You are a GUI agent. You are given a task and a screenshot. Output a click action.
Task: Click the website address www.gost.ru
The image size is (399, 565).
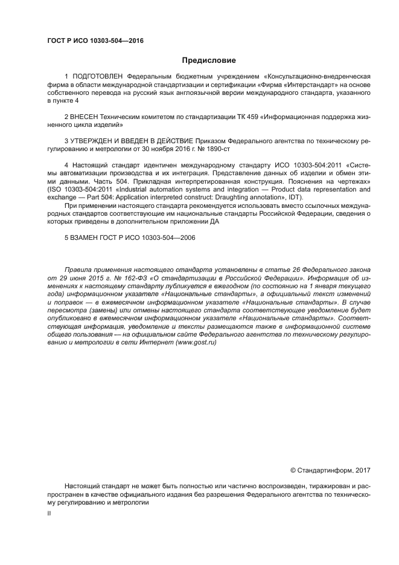(196, 342)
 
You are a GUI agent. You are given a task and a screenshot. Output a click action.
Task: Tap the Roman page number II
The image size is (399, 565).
(49, 512)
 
